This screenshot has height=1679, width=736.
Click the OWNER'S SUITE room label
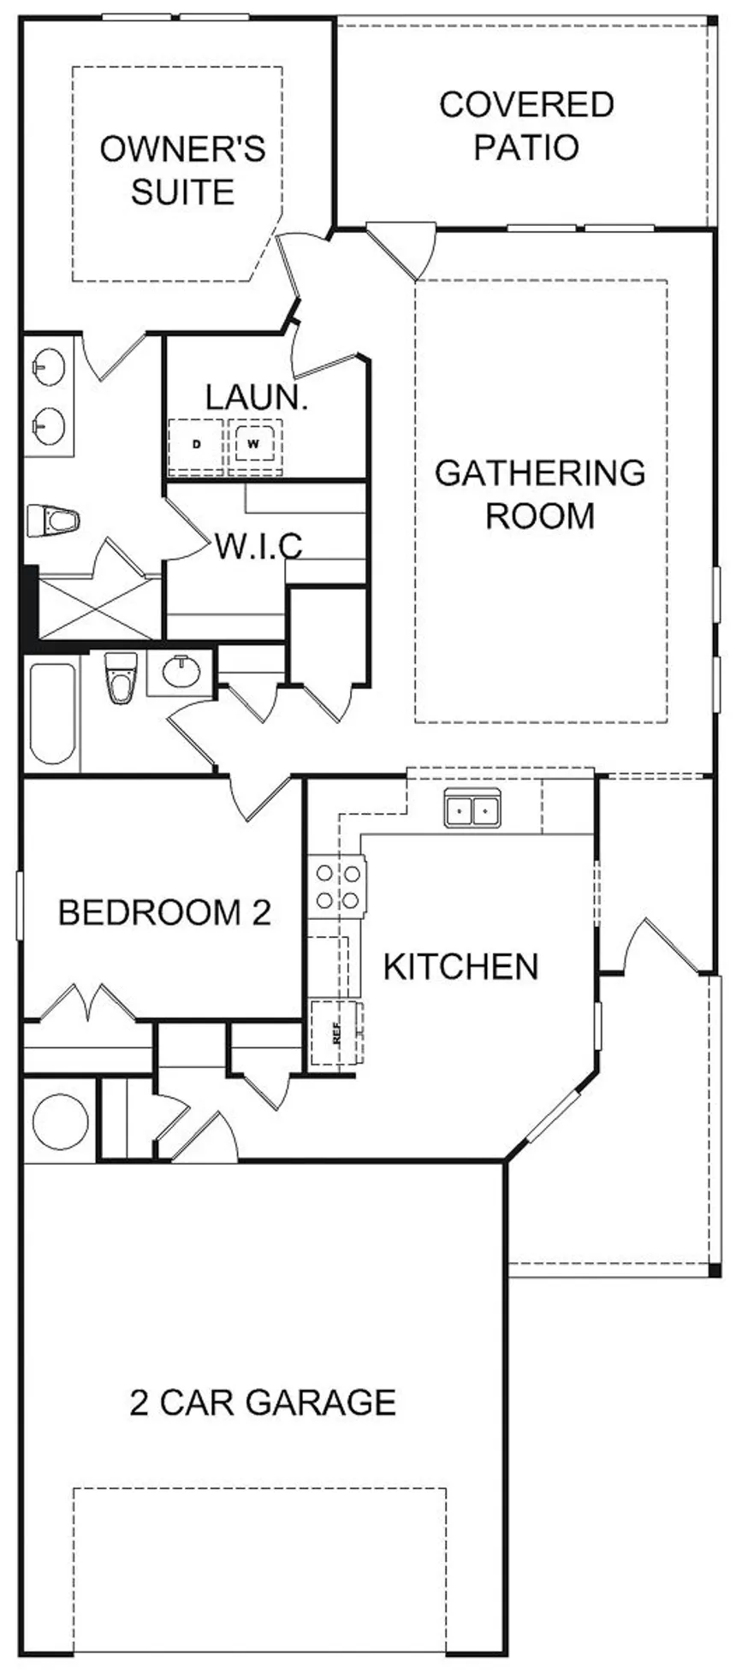pos(182,170)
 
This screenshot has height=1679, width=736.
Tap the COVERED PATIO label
pos(526,125)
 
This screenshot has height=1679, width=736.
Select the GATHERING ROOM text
pos(540,494)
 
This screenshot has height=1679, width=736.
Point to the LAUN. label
pos(256,397)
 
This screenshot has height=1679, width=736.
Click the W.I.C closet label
pos(258,545)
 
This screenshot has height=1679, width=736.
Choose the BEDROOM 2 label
pos(164,912)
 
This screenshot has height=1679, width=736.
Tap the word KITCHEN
pos(460,966)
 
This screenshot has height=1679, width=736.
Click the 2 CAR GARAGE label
pos(263,1403)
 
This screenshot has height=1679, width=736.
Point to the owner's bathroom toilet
pos(53,519)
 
